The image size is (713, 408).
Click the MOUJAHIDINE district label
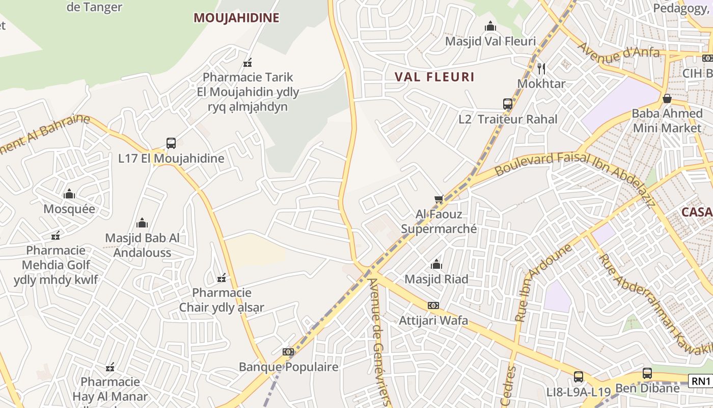[x=236, y=18]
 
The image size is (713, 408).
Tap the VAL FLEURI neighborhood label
[x=434, y=77]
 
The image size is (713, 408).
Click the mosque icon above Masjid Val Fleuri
[x=490, y=26]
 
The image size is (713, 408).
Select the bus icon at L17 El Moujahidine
[x=171, y=143]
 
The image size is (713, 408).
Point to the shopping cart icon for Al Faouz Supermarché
[x=438, y=199]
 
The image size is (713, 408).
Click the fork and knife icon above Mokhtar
[x=541, y=68]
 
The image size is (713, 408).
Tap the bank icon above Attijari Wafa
[x=433, y=305]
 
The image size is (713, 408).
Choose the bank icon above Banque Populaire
[x=288, y=352]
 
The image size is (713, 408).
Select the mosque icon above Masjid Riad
[x=436, y=264]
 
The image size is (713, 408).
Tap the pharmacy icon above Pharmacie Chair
[x=222, y=278]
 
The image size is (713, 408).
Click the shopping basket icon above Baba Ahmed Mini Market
[x=667, y=98]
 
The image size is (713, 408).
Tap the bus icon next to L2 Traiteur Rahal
[x=507, y=105]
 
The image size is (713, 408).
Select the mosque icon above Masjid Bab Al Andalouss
[x=142, y=223]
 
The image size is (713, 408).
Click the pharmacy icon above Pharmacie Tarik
[x=248, y=63]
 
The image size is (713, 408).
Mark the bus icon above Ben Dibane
[x=647, y=373]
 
